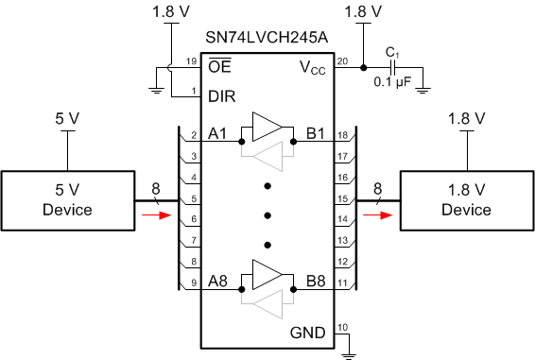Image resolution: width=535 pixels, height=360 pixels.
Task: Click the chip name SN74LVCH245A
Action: pos(267,38)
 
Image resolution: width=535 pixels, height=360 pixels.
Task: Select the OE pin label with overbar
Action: pos(219,66)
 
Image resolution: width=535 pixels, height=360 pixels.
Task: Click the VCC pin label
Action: pos(312,67)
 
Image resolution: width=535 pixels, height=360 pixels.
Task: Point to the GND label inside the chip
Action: pos(308,334)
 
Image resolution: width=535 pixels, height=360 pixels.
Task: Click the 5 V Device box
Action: pos(67,200)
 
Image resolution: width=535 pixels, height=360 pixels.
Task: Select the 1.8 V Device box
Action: pos(466,200)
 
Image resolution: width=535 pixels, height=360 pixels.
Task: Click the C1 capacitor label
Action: pos(391,53)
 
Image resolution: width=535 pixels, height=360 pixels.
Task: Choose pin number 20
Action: pos(342,61)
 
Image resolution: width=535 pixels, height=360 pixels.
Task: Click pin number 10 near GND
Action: pos(342,327)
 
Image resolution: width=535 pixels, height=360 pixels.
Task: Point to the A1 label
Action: pos(218,133)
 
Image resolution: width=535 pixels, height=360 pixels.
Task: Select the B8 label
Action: pos(316,281)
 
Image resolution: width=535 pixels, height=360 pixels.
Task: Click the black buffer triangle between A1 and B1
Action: pos(267,128)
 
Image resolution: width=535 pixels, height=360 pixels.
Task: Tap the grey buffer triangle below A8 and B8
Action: pos(267,303)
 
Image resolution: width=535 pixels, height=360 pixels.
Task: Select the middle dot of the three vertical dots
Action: pos(267,213)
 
